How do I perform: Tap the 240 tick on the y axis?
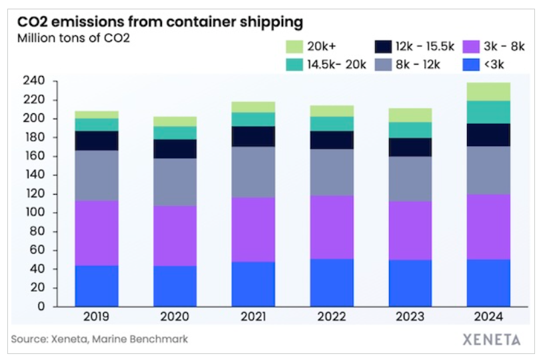pos(33,81)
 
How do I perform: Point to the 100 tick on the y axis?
pos(33,213)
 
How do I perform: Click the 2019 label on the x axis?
pos(97,318)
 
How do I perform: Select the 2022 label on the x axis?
pos(332,318)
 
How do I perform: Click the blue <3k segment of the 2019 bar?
pos(97,286)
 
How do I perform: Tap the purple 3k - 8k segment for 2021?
pos(253,229)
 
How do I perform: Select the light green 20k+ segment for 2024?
pos(488,91)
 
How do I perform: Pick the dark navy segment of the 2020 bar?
pos(175,149)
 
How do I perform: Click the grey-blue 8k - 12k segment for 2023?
pos(410,179)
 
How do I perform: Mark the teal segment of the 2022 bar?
pos(332,123)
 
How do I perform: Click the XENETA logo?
pos(492,339)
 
